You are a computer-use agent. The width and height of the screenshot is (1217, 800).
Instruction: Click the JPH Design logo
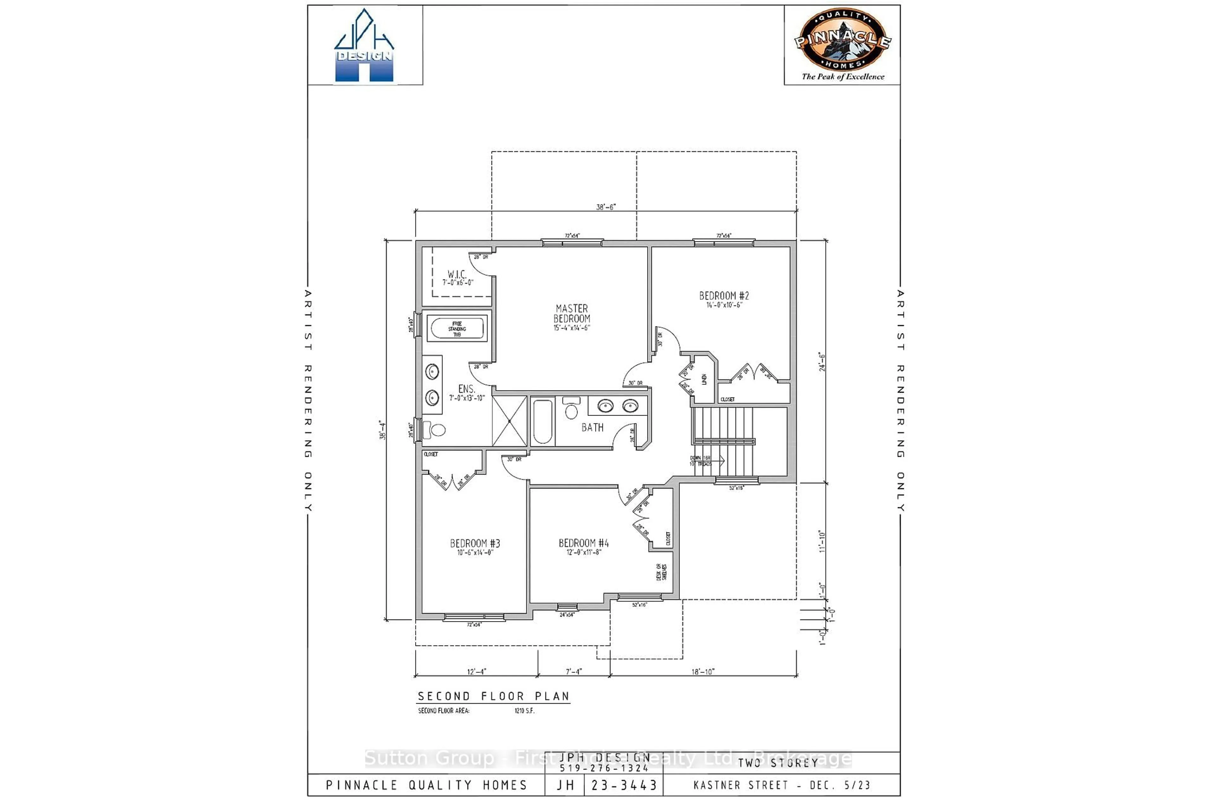[x=364, y=46]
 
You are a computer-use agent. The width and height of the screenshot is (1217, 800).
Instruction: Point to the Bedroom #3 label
[x=474, y=547]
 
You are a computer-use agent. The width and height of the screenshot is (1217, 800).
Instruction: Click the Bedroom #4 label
[x=583, y=547]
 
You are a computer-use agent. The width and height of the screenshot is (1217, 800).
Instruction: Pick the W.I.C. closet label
[x=457, y=278]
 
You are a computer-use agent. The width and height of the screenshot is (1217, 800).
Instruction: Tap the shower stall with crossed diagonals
[x=509, y=421]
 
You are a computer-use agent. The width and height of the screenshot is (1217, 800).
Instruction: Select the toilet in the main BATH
[x=571, y=409]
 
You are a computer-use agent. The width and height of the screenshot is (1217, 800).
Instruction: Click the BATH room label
[x=592, y=427]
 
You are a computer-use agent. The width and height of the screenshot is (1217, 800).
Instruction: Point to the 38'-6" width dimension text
[x=606, y=207]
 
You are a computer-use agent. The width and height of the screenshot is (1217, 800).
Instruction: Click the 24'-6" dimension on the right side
[x=822, y=361]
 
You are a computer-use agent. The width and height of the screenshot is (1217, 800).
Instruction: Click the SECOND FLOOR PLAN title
[x=493, y=696]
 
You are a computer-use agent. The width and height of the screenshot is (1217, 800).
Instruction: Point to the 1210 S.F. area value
[x=524, y=711]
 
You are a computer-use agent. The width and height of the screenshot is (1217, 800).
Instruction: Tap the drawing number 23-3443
[x=624, y=785]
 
